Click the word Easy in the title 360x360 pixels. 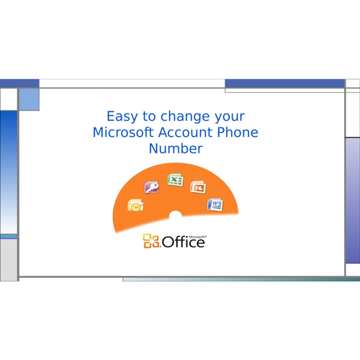pos(122,117)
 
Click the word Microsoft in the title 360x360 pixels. pos(123,132)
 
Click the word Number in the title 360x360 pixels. pos(176,148)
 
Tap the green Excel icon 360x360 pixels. pos(176,180)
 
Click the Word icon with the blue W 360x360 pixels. pos(215,204)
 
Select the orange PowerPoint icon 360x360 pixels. pos(198,187)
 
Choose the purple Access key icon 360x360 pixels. pos(152,187)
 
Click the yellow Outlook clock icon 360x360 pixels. pos(135,205)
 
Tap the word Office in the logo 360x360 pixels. pos(184,242)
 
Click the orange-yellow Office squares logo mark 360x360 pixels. pos(151,240)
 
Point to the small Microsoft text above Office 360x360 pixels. pos(197,237)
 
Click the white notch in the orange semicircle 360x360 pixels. pos(176,215)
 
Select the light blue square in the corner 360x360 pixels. pos(29,99)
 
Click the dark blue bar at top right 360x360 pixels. pos(285,84)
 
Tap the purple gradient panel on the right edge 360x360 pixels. pos(353,201)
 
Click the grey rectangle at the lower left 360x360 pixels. pos(9,260)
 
